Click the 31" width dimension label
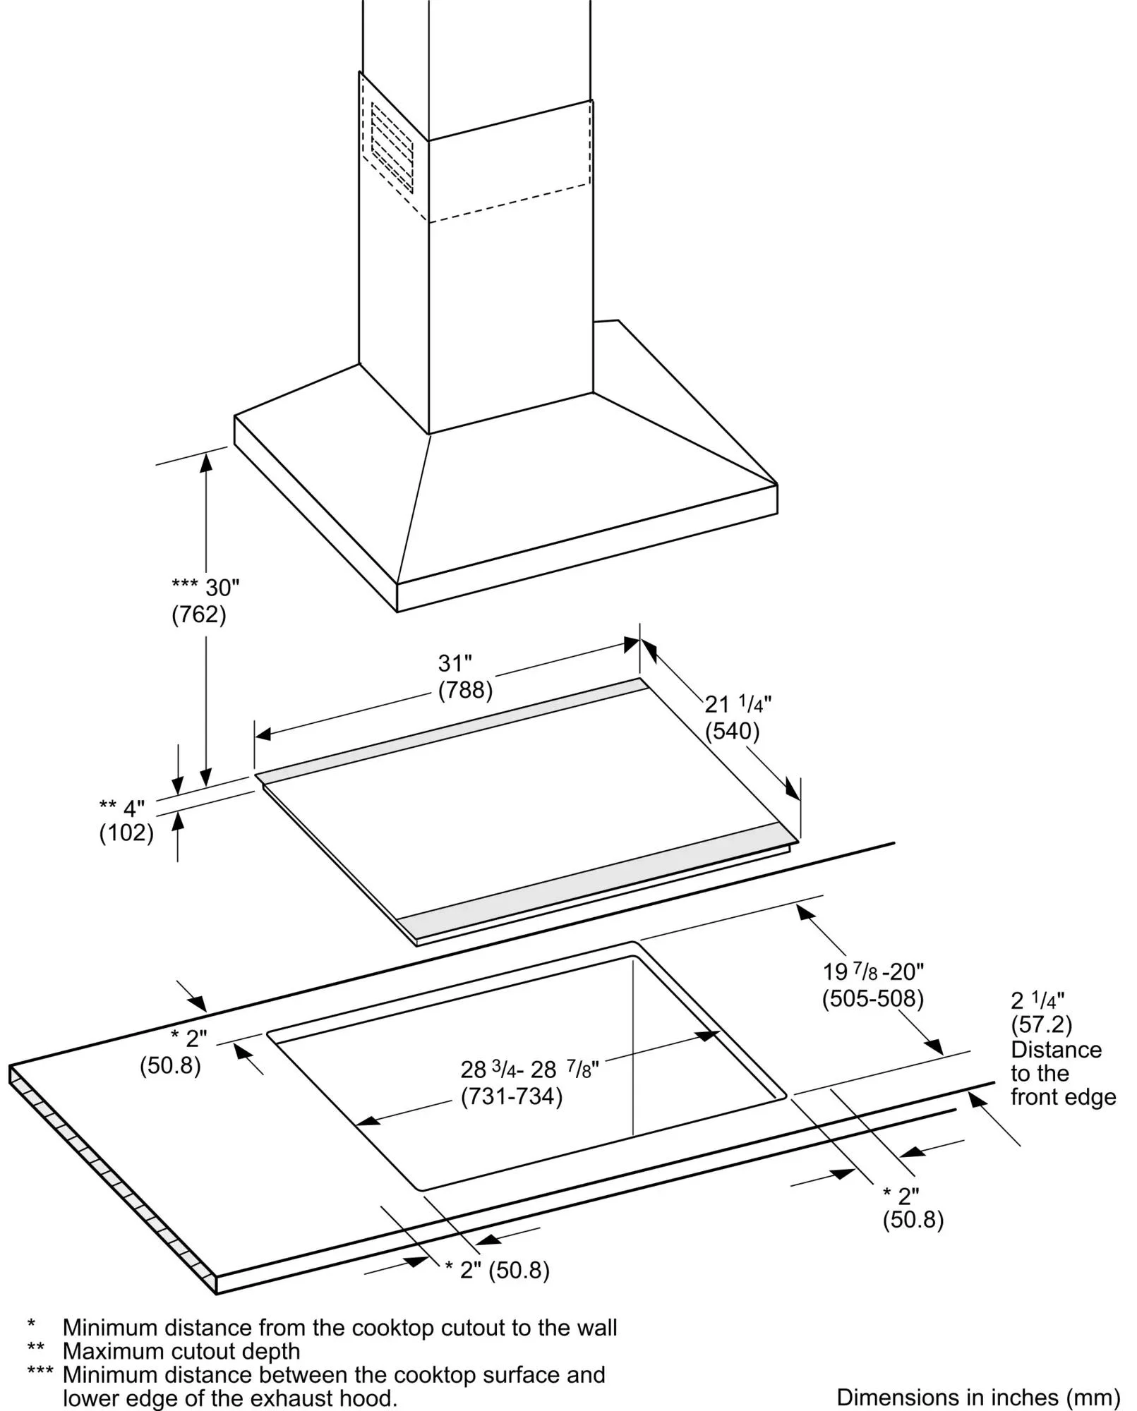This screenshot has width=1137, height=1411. point(455,663)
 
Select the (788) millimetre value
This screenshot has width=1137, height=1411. point(465,689)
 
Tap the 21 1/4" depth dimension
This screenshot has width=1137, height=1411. point(738,704)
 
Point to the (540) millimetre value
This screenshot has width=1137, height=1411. point(732,731)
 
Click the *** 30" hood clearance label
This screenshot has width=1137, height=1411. point(205,587)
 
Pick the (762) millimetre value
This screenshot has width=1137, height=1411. point(199,614)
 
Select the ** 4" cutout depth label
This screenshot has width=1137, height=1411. point(122,807)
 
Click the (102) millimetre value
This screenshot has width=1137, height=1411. point(126,833)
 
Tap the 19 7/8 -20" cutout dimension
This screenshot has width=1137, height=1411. point(873,972)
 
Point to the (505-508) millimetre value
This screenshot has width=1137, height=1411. point(873,998)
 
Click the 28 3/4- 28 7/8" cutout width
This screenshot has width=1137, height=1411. point(529,1070)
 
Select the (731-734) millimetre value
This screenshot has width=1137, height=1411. point(512,1097)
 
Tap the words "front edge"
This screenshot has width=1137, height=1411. point(1063,1097)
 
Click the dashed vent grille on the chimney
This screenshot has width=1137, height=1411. point(392,148)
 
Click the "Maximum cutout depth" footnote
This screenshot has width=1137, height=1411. point(181,1351)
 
